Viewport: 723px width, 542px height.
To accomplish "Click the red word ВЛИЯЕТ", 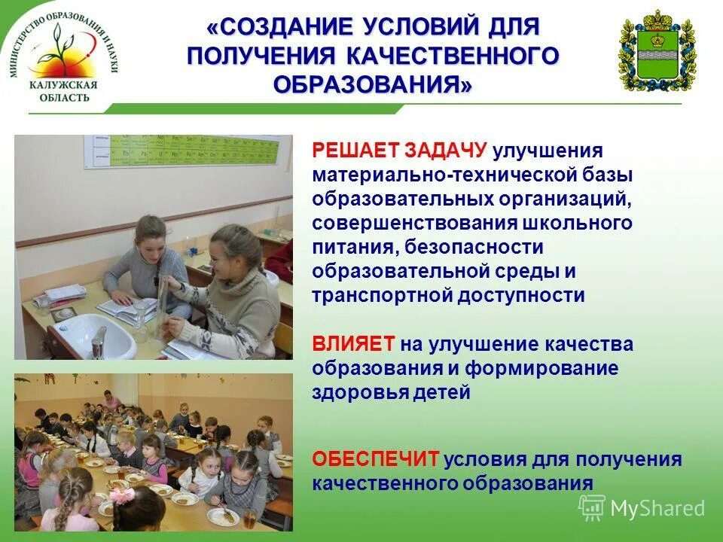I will click(x=353, y=344).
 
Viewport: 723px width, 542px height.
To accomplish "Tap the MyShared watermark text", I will click(x=657, y=508).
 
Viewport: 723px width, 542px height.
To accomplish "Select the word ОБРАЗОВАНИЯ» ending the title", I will click(x=374, y=83).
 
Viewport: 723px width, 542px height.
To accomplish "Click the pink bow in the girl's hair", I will click(x=124, y=495).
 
